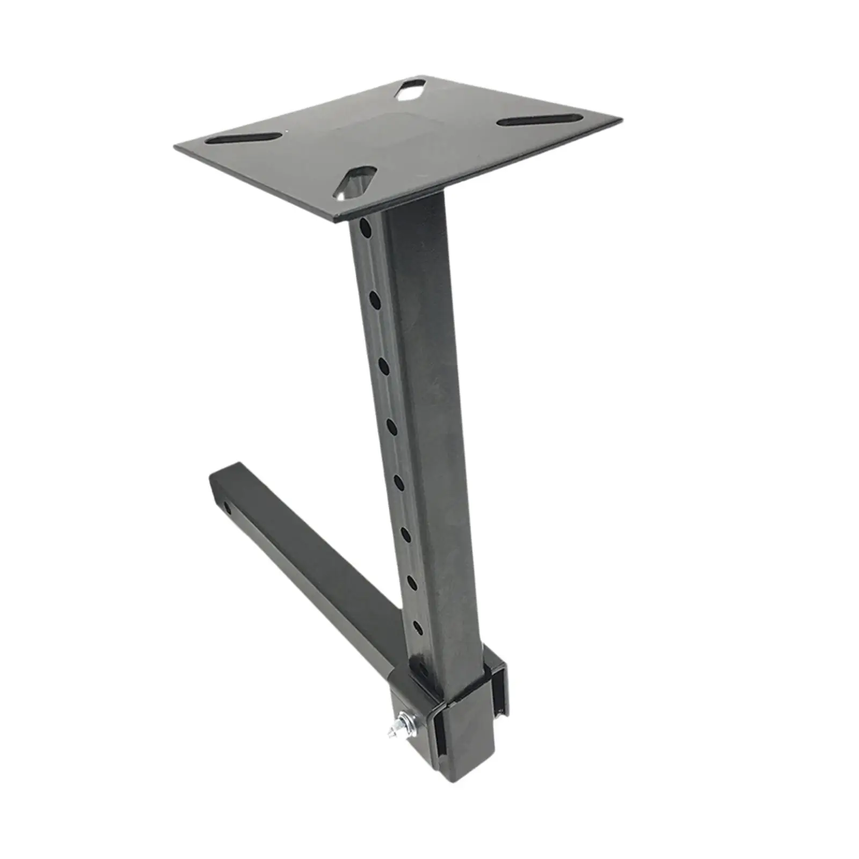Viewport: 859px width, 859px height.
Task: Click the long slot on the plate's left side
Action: (244, 139)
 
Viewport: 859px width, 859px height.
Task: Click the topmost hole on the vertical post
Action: (365, 227)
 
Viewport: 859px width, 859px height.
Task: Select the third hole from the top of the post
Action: (384, 366)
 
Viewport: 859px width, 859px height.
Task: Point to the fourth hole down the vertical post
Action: (391, 427)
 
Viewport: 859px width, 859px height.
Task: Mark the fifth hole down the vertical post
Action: (399, 483)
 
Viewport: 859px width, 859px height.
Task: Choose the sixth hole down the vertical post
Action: (406, 534)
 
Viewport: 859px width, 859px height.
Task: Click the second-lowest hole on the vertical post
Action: (412, 582)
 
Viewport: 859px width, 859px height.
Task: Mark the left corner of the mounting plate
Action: (176, 146)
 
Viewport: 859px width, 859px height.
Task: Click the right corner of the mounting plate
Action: (621, 119)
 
